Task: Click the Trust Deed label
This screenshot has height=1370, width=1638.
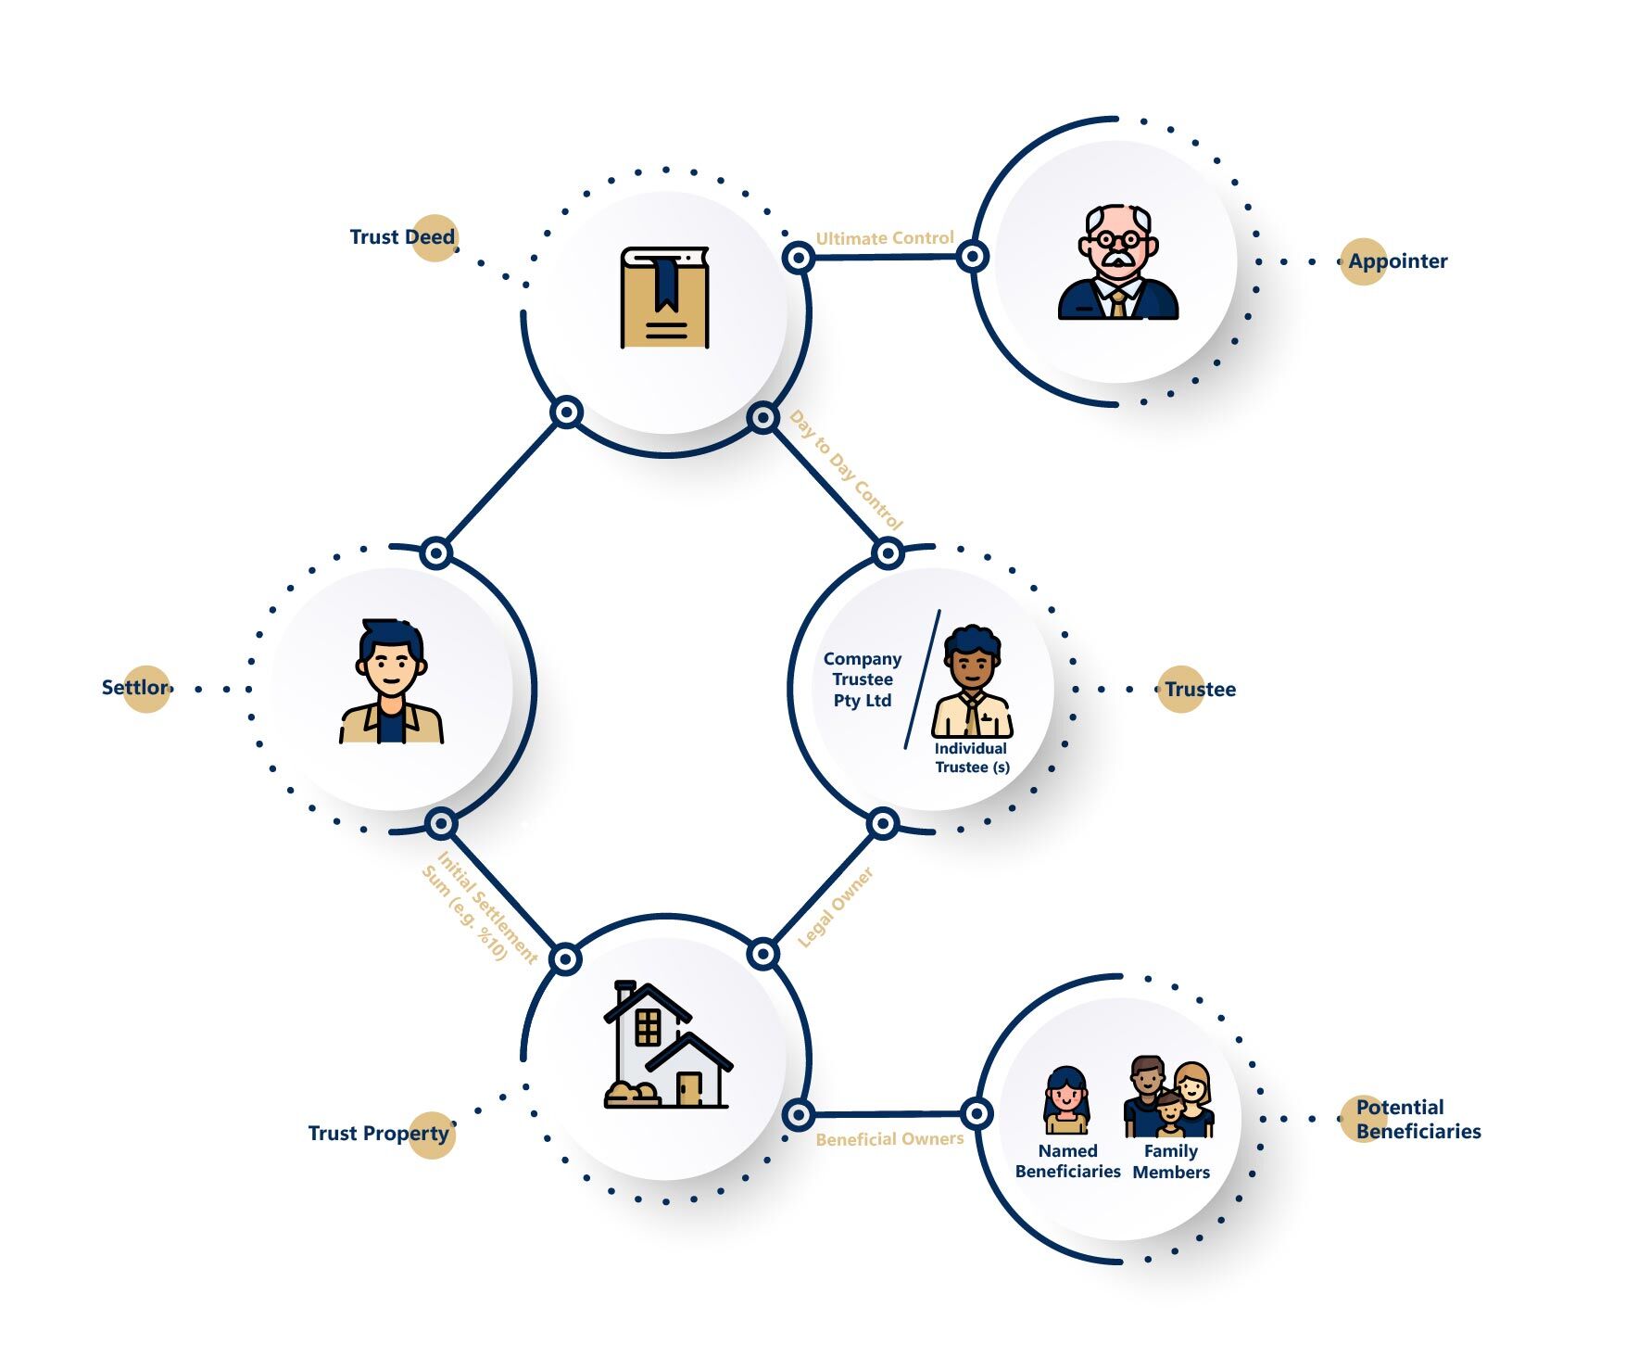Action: tap(402, 237)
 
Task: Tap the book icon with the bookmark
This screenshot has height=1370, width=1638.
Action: tap(664, 298)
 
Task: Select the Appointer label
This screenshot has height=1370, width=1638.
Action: tap(1397, 261)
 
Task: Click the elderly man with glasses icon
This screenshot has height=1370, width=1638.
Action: tap(1118, 263)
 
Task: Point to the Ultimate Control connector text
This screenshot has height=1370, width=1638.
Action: tap(884, 238)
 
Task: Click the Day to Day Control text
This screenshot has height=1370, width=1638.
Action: tap(846, 470)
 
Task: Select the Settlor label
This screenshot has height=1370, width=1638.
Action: tap(135, 688)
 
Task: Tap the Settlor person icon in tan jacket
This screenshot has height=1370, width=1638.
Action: tap(392, 682)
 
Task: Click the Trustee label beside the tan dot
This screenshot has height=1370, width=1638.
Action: tap(1200, 690)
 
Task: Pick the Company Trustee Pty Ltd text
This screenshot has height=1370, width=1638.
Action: tap(863, 679)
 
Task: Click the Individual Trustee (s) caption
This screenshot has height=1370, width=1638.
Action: tap(972, 757)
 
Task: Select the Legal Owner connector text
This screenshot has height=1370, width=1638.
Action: tap(836, 907)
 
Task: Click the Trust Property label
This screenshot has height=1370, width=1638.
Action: tap(378, 1134)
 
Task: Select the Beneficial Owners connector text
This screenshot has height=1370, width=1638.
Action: tap(889, 1139)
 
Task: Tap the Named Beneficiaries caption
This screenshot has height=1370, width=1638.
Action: tap(1067, 1161)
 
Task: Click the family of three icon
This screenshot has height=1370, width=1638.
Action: tap(1169, 1097)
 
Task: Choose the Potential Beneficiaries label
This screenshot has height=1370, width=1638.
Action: tap(1417, 1119)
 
